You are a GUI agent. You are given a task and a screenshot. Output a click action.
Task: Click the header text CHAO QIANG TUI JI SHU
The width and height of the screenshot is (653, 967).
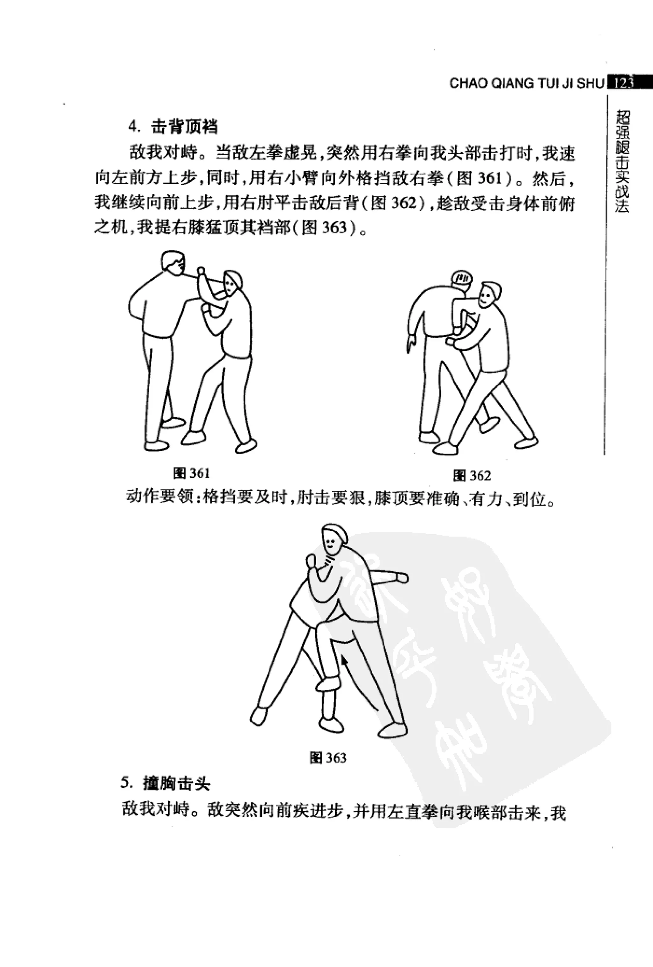[x=526, y=83]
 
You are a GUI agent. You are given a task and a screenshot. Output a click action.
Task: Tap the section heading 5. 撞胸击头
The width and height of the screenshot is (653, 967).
[x=165, y=783]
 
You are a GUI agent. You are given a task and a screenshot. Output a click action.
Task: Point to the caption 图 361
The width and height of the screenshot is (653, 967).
[x=191, y=473]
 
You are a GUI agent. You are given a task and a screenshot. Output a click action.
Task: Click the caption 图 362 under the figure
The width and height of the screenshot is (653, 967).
[x=472, y=476]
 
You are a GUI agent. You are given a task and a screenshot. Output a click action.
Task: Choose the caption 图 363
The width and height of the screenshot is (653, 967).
[x=328, y=758]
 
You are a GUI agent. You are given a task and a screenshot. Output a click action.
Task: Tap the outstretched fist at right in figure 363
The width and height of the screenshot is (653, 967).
[x=402, y=577]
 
